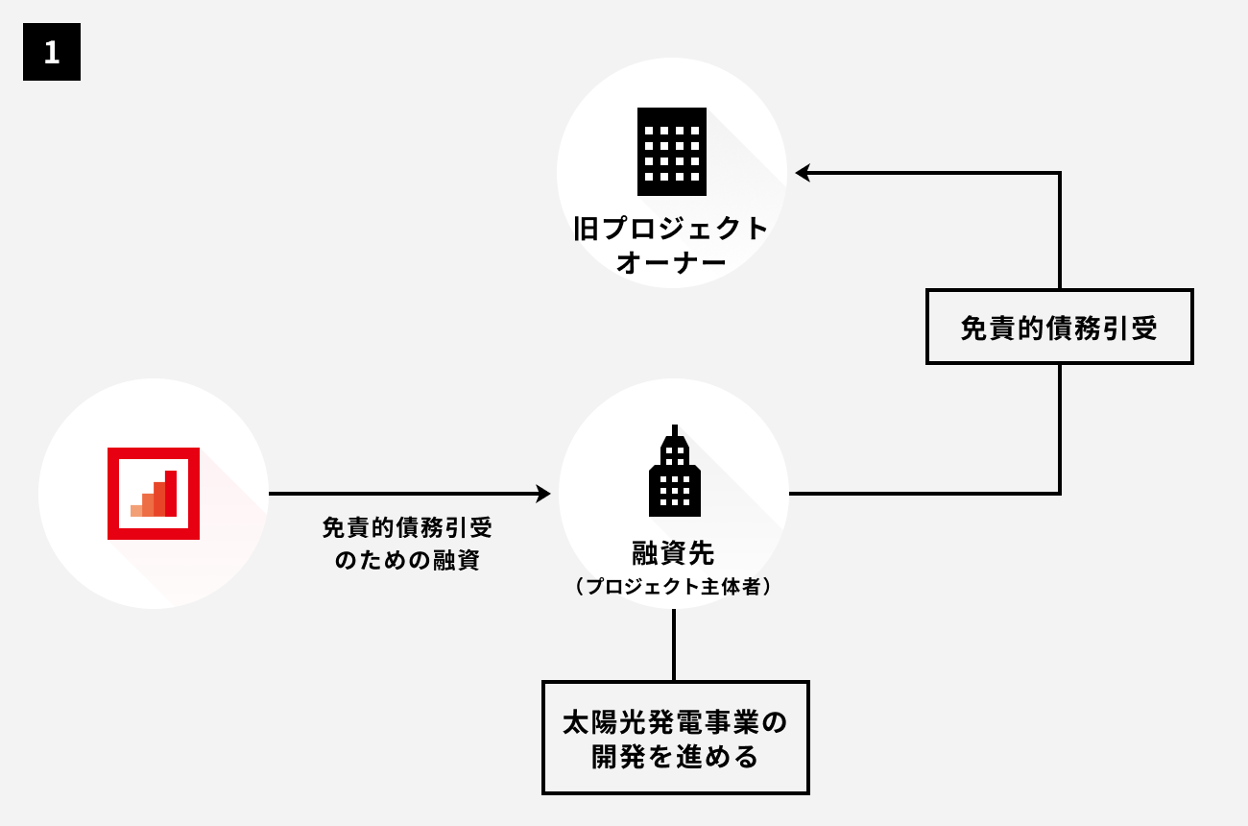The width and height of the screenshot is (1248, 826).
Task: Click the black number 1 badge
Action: coord(52,52)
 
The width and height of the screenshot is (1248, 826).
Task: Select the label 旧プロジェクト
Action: coord(672,230)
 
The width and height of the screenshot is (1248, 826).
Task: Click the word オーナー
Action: coord(672,262)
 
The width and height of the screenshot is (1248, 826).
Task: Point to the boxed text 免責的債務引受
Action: coord(1059,328)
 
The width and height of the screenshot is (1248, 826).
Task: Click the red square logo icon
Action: coord(154,494)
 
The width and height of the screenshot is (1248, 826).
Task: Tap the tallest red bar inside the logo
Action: coord(171,493)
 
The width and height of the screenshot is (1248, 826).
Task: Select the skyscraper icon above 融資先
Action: coord(674,471)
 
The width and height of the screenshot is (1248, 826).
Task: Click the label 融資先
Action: coord(673,553)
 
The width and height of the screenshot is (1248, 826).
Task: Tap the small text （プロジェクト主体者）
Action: coord(673,588)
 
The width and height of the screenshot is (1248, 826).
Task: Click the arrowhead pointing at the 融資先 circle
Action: coord(544,494)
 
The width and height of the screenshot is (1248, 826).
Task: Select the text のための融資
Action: coord(407,560)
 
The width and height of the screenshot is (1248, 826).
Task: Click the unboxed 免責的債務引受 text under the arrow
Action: coord(407,528)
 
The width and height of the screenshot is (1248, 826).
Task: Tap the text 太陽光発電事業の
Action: coord(675,722)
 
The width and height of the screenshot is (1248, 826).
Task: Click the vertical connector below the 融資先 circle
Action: coord(674,644)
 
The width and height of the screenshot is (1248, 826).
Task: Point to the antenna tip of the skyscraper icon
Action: coord(675,428)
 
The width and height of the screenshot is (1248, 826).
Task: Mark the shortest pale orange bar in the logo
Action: coord(136,509)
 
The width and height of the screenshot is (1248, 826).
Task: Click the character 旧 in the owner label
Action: coord(585,230)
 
